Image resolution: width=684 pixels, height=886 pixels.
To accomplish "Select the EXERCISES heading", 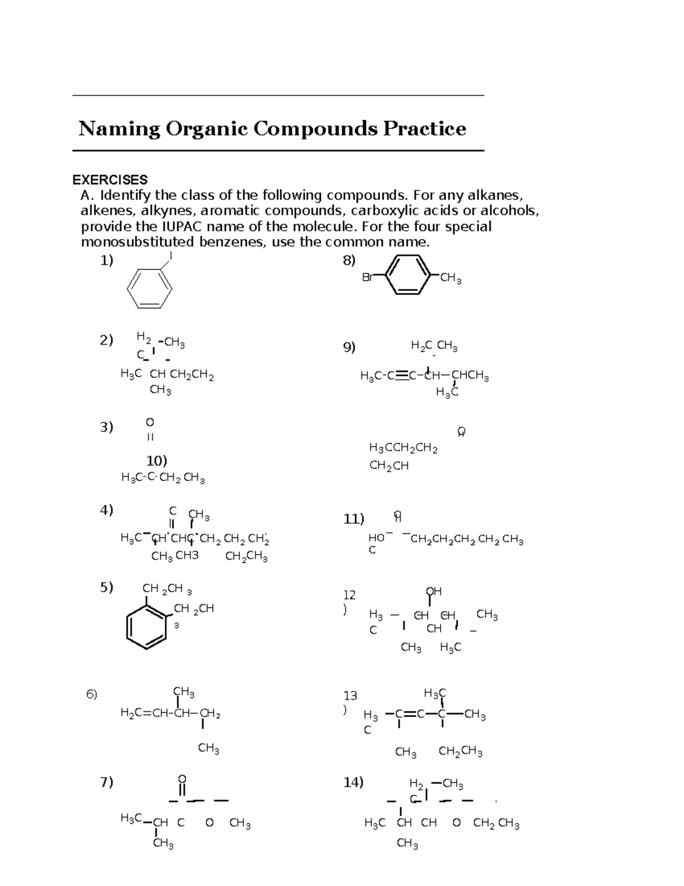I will pos(110,180).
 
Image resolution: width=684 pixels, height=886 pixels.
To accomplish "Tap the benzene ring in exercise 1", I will pos(149,288).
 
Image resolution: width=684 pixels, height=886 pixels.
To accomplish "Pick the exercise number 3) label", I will pos(107,427).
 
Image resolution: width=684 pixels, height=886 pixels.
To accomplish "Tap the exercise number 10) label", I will pos(157,460).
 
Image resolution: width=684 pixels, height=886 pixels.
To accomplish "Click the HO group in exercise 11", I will pos(376,538).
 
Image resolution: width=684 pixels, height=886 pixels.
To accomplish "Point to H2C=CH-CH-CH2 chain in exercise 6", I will pos(170,713).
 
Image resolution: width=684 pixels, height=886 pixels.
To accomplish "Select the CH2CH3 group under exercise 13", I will pos(460,751).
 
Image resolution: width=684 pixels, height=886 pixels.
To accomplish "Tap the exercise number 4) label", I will pos(107,509).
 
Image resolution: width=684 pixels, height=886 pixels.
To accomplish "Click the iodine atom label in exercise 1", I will pos(170,256).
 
